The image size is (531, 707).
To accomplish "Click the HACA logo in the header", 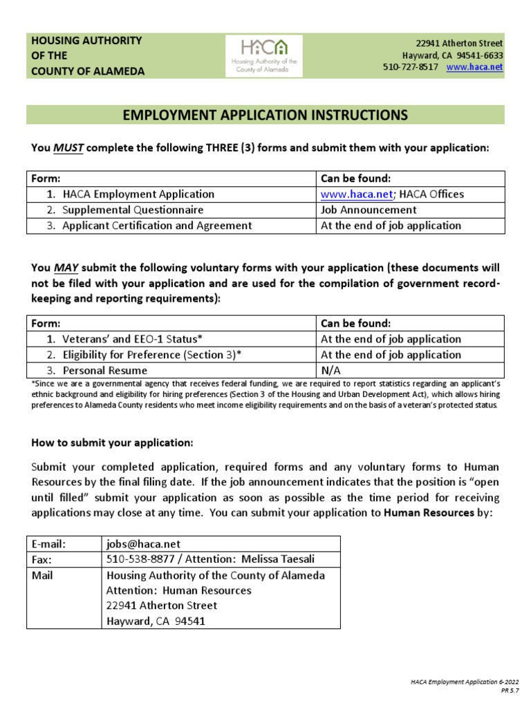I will tap(265, 55).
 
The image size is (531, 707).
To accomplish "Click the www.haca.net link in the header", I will tap(475, 67).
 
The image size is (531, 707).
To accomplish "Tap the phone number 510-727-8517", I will tap(410, 67).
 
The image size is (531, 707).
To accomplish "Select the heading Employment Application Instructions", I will tap(265, 115).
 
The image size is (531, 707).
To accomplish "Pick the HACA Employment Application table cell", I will tap(138, 194).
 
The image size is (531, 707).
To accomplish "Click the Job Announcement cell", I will tap(369, 210).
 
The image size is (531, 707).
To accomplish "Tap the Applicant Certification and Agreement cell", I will tap(157, 226).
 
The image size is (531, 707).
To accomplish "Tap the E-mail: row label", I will tap(50, 543).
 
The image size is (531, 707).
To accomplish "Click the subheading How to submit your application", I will tap(113, 442).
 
